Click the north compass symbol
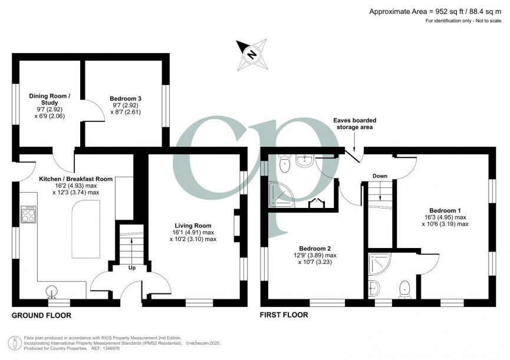point(252,54)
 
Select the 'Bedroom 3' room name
point(125,98)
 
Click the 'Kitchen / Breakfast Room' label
point(75,179)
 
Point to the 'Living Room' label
point(193,226)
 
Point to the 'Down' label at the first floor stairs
point(380,176)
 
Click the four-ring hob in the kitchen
point(28,214)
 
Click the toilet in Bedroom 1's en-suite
point(404,289)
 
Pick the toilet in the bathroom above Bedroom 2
point(286,166)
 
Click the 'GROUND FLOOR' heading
point(41,316)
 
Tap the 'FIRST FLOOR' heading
point(284,316)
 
